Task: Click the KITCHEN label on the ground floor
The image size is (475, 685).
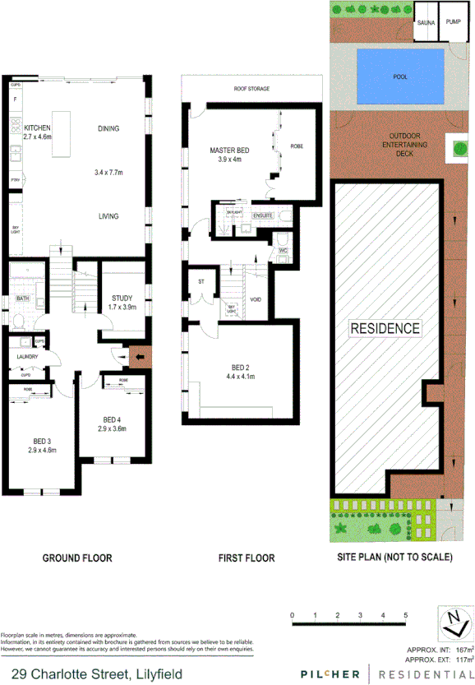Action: [38, 127]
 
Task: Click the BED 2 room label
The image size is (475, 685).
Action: [241, 370]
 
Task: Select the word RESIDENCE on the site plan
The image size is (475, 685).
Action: [385, 328]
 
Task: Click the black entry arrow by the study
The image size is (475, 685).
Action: [140, 356]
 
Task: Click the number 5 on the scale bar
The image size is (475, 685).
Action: [404, 615]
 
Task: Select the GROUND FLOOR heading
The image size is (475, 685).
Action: [77, 558]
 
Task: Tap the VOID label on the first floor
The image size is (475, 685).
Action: [256, 299]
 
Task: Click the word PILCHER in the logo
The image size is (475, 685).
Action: [330, 674]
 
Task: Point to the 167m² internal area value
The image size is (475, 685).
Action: [455, 649]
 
